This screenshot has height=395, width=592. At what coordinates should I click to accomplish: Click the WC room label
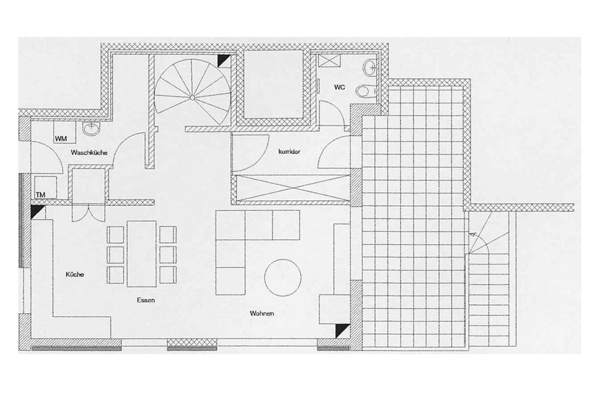coord(339,87)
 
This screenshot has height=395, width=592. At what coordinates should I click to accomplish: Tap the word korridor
coord(289,152)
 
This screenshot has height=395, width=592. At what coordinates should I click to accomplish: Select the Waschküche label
coord(88,153)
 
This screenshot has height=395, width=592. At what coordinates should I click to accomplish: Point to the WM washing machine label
coord(60,138)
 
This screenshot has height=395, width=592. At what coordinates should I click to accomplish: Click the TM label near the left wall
coord(40,194)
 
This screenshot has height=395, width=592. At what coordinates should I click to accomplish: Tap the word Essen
coord(146,300)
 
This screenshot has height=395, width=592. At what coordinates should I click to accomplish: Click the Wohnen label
coord(262,313)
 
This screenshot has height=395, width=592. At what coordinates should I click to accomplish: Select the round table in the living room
coord(283,277)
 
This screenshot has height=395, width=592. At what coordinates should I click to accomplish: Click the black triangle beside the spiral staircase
coord(223,60)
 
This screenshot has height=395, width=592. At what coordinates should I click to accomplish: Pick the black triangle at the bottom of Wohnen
coord(341,331)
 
